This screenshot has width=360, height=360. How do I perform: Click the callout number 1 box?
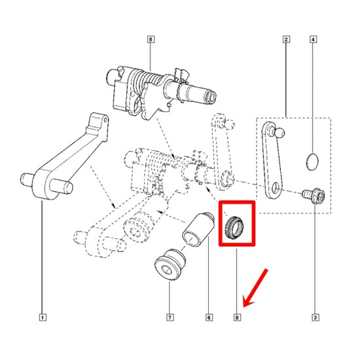click(x=43, y=317)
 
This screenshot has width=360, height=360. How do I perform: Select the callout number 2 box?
click(x=286, y=39)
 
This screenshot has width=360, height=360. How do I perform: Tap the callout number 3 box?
click(x=315, y=317)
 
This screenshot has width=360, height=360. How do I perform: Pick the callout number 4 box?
click(x=313, y=39)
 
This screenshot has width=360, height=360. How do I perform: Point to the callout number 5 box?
click(x=151, y=39)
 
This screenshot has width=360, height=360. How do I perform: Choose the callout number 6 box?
click(x=209, y=317)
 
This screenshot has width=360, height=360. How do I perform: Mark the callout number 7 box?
click(x=170, y=317)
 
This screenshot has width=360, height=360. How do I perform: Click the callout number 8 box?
click(x=237, y=317)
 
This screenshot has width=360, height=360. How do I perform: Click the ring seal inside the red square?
click(x=234, y=228)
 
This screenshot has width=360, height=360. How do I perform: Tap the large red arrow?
click(x=255, y=288)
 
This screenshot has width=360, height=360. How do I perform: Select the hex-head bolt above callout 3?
click(x=314, y=195)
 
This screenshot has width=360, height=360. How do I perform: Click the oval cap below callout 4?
click(x=312, y=162)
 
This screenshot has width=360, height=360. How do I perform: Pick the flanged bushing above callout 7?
click(x=170, y=264)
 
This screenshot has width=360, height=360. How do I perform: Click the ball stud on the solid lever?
click(x=278, y=132)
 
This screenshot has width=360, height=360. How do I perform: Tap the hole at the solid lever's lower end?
click(x=275, y=188)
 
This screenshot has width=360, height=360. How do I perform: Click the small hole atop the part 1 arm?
click(x=105, y=120)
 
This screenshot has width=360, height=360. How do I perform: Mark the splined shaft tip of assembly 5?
click(x=211, y=96)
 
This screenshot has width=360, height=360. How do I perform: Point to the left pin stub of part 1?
click(x=26, y=179)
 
